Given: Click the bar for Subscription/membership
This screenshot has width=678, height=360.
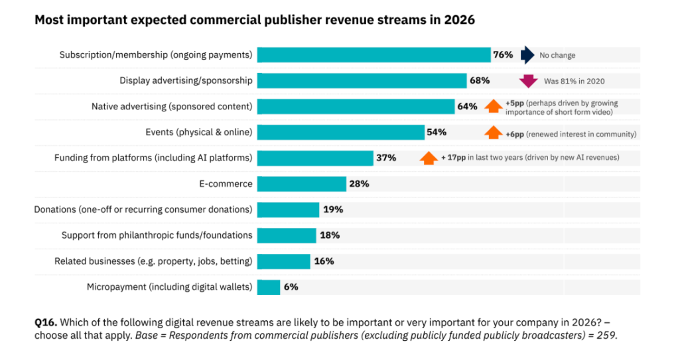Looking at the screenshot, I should pos(373,55).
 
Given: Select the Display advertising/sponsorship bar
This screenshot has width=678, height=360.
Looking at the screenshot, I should pos(362,81).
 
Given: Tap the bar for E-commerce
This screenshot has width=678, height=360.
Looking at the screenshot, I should pos(301,184).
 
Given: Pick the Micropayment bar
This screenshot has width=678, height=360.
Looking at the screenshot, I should pos(269,287).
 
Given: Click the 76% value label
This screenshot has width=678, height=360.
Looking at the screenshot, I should pos(502,55).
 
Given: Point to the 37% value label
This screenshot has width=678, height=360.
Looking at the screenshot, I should pos(386,158).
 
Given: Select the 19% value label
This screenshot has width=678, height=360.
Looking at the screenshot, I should pos(333,210).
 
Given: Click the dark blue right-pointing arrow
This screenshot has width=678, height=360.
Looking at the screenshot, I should pos(527,55).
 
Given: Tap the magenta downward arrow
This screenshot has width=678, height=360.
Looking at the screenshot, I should pos(528,82).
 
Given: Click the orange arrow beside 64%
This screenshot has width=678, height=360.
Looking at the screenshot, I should pos(493,107).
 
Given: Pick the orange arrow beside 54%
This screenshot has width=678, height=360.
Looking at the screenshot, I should pos(493,133).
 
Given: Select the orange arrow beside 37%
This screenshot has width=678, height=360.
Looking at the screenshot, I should pos(428,158).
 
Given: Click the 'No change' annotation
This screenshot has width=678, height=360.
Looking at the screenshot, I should pos(557,56).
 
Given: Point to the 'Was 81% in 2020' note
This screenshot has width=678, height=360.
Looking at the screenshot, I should pos(574,82).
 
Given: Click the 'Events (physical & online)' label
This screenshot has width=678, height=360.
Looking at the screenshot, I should pos(199,133).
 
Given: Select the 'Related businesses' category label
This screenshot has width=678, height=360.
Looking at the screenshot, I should pos(153,261).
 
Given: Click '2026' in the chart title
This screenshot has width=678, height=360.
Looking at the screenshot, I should pos(459,21).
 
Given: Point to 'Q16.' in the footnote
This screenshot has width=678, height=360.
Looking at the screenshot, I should pos(45,322).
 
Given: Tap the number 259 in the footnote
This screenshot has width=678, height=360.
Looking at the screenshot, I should pos(606,335).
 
